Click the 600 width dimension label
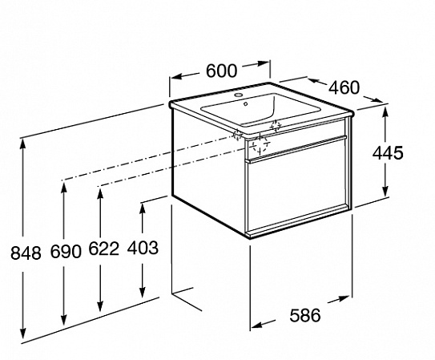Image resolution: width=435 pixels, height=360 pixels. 222,71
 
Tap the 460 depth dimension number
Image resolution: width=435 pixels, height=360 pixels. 344,87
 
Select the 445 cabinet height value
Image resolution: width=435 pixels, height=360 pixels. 388,152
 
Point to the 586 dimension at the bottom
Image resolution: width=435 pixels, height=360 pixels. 305,315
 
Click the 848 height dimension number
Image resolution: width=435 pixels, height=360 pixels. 26,253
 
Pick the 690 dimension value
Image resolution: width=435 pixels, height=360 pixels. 66,252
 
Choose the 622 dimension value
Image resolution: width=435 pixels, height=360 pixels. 104,248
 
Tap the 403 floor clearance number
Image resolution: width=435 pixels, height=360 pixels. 143,248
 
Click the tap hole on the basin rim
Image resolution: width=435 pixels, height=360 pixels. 238,95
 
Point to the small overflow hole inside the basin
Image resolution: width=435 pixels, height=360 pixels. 245,104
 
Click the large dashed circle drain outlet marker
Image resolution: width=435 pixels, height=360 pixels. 260,144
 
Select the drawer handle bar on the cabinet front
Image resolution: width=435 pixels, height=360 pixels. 296,148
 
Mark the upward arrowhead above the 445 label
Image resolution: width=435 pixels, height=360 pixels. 385,115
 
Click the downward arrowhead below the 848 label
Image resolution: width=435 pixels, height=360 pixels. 22,331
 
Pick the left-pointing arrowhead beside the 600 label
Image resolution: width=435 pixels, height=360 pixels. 178,77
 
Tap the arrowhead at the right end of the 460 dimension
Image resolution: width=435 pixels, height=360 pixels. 377,99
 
